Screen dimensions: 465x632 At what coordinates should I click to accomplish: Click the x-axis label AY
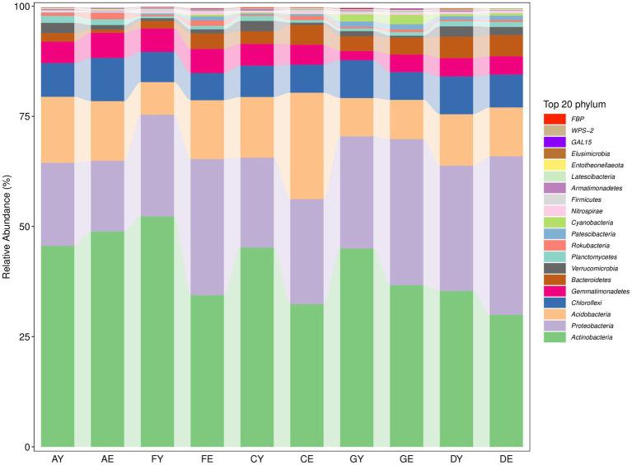tap(58, 457)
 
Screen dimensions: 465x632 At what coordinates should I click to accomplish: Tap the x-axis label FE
tap(207, 457)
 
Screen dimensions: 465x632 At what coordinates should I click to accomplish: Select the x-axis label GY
tap(356, 457)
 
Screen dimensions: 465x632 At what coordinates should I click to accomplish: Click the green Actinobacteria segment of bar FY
tap(157, 330)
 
